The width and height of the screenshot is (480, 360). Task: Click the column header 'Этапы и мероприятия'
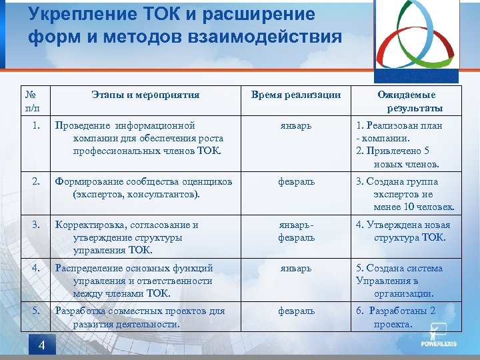145,95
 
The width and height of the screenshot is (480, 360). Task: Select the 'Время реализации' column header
296,95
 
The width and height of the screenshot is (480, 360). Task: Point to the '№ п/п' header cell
32,101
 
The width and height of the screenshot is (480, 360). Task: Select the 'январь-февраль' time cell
296,231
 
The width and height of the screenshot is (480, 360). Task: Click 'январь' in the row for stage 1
296,125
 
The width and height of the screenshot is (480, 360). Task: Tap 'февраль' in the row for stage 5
296,311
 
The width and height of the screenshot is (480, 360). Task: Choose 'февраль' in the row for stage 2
296,181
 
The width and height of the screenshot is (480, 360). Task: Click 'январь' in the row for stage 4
296,268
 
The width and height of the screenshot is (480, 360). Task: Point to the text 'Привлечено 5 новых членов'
400,157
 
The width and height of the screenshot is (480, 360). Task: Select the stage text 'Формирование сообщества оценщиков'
143,181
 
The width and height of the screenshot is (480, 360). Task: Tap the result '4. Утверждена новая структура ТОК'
403,231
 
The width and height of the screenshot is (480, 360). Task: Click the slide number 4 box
41,345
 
